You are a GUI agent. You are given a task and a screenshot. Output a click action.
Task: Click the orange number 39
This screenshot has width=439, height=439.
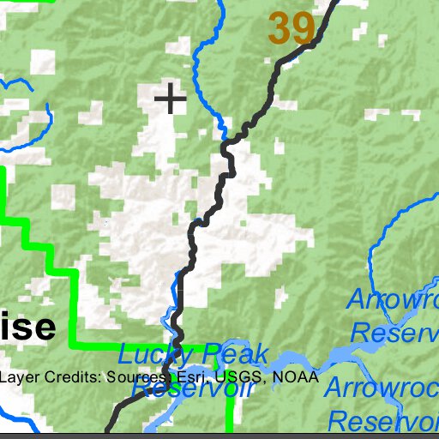tap(292, 29)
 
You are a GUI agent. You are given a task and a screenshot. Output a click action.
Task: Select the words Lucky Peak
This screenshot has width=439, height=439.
tap(193, 355)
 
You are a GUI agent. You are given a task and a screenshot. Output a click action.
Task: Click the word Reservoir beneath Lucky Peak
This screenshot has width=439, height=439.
tap(195, 388)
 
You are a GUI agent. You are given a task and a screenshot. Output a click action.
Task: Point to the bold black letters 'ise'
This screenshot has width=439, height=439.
tap(28, 327)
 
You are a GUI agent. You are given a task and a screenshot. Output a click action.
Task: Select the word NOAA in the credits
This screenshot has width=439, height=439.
tap(296, 376)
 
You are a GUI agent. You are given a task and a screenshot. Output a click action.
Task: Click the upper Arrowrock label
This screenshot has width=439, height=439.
tap(394, 301)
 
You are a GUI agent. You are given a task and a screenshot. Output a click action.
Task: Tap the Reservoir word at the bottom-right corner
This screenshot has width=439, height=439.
tap(384, 422)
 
